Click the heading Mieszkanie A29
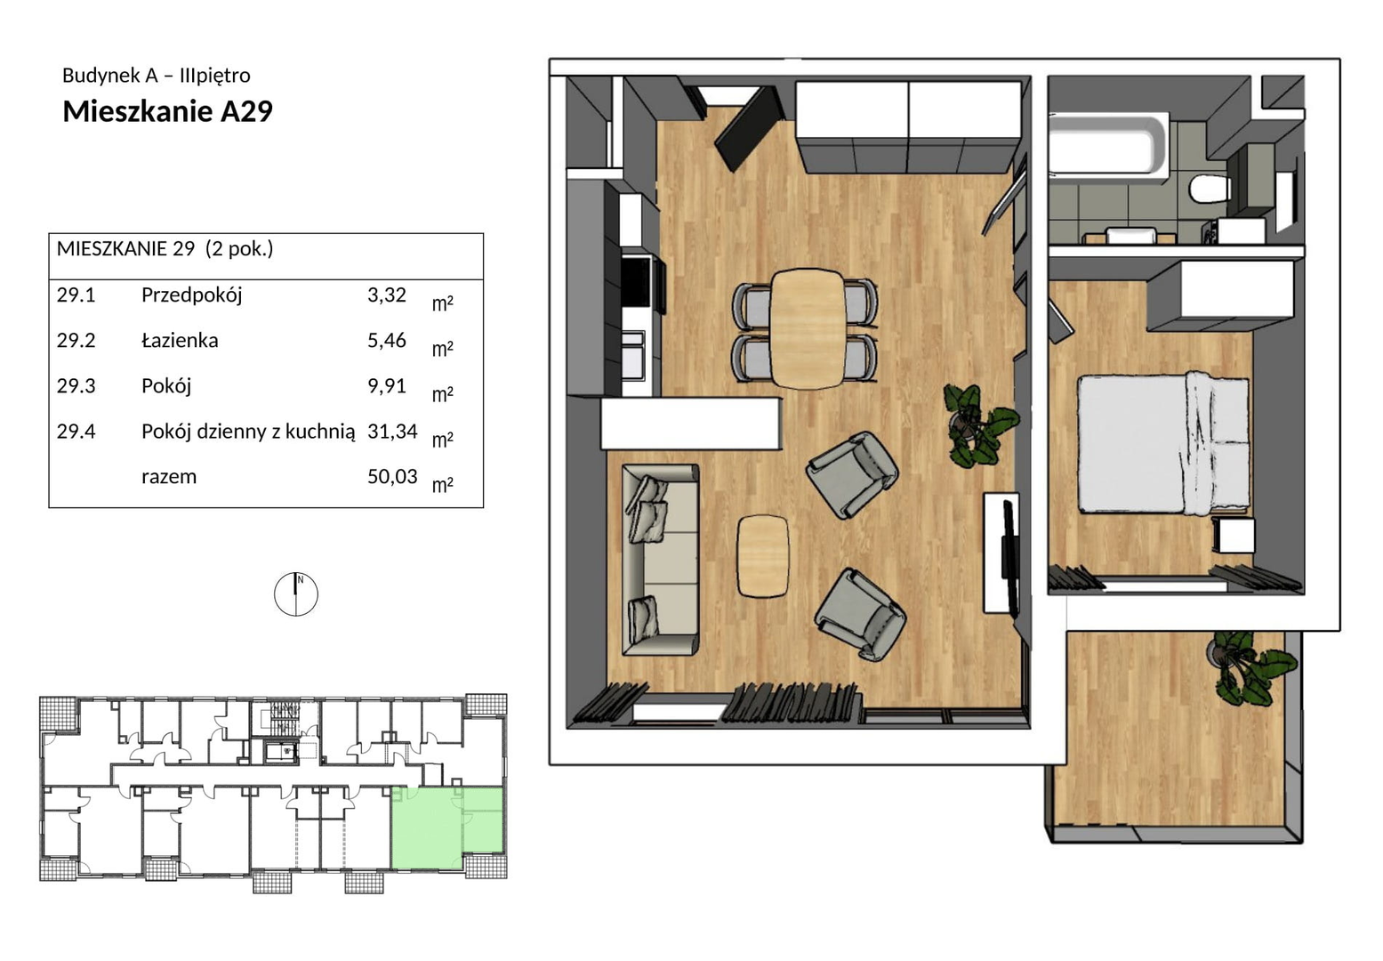coord(167,112)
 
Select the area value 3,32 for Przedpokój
coord(387,295)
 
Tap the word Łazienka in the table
coord(180,340)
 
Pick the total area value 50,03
coord(392,477)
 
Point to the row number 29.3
coord(76,386)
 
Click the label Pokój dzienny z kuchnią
coord(248,432)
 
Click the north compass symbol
coord(296,594)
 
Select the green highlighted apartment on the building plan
coord(446,828)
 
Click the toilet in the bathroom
coord(1209,189)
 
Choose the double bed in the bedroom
coord(1162,443)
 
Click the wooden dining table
coord(806,328)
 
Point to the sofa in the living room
coord(660,559)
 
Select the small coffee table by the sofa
coord(763,556)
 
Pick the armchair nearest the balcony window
coord(859,615)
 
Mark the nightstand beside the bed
coord(1234,536)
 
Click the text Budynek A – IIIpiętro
coord(157,76)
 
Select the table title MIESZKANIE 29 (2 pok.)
coord(165,248)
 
